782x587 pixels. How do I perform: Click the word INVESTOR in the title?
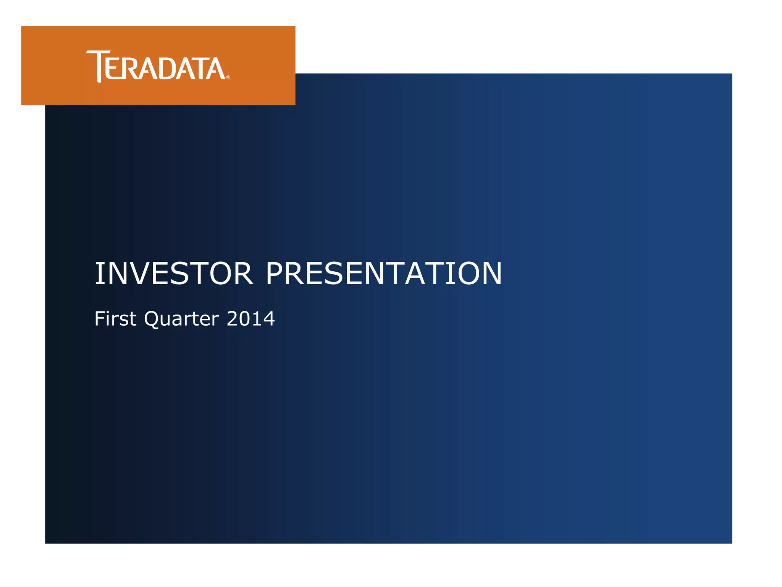(174, 274)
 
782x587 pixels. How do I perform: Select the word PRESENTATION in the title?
(384, 274)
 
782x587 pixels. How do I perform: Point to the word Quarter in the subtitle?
(181, 319)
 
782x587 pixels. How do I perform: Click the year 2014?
(250, 318)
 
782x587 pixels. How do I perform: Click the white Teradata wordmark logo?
(157, 66)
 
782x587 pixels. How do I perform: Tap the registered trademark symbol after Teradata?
(228, 77)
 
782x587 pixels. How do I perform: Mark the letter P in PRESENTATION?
(276, 274)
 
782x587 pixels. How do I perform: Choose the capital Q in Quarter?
(152, 319)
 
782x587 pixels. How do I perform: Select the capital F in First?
(100, 318)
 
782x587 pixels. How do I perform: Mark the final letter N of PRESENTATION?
(491, 274)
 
